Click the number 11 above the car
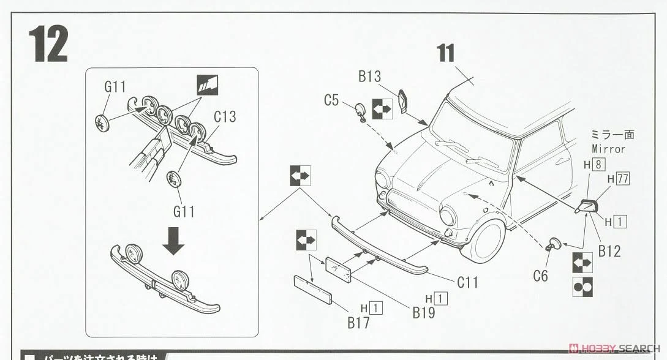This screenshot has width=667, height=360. click(x=446, y=54)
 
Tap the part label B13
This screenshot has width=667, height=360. click(x=370, y=77)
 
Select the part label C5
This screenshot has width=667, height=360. click(x=331, y=100)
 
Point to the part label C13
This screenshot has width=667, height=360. click(x=225, y=116)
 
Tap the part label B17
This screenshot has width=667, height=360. click(x=358, y=323)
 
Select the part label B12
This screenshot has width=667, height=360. click(x=609, y=251)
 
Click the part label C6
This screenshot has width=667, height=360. click(x=540, y=276)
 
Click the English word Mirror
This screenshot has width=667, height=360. click(x=608, y=149)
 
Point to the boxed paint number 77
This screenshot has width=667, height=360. click(x=624, y=179)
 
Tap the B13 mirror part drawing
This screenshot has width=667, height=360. click(x=404, y=102)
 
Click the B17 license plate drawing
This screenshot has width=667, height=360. click(x=312, y=290)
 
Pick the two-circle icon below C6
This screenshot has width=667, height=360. click(x=582, y=287)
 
